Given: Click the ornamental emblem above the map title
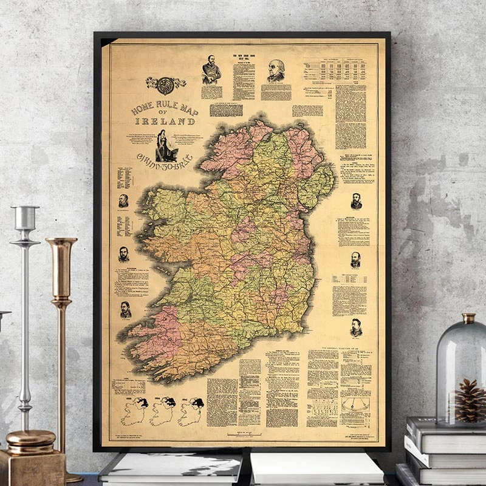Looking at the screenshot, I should pyautogui.click(x=165, y=84).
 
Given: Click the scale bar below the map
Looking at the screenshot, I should pyautogui.click(x=244, y=434).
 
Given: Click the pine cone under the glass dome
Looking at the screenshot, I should pyautogui.click(x=470, y=400).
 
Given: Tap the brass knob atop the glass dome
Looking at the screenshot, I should pyautogui.click(x=468, y=318).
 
